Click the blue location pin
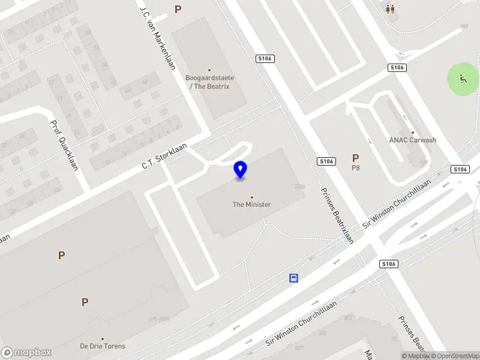tap(240, 169)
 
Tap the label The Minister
tap(251, 205)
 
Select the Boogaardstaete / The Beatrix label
tap(209, 82)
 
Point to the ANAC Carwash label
tap(413, 140)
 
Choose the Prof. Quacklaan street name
tap(64, 144)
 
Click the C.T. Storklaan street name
tap(164, 155)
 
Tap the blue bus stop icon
tap(294, 278)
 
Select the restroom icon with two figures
tap(391, 9)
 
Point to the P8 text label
tap(355, 168)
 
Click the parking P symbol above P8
tap(355, 158)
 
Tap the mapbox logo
tap(26, 352)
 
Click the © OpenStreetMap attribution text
tap(455, 356)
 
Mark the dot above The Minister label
tap(251, 197)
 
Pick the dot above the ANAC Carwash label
tap(413, 133)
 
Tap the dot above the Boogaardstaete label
tap(209, 70)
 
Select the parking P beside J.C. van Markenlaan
tap(178, 9)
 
